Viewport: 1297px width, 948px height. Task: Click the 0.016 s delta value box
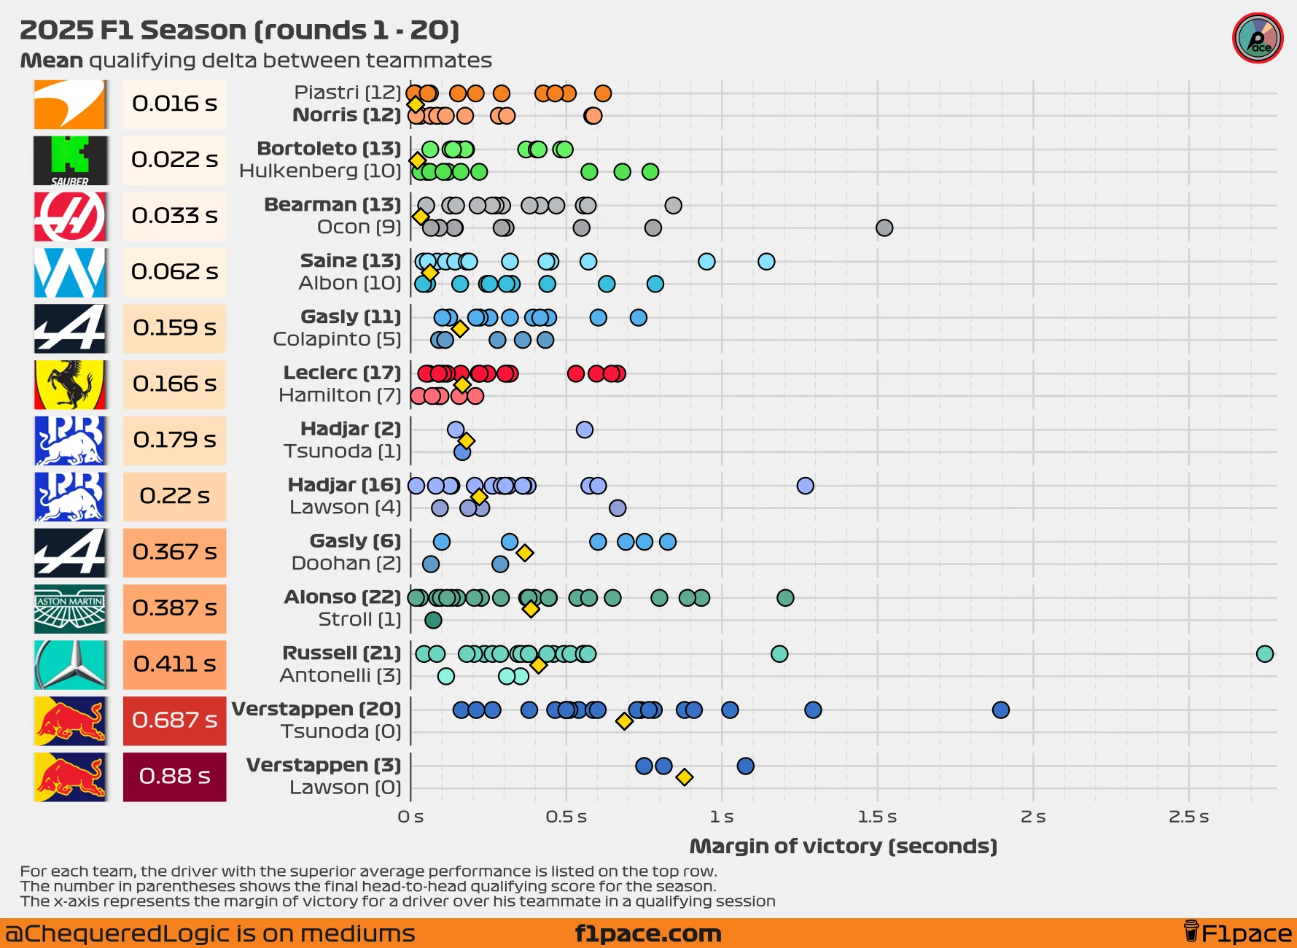point(174,104)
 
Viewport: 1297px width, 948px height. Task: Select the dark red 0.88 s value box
point(174,777)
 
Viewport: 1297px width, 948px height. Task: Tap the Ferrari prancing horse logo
point(70,384)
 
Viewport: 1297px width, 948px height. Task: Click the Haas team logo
point(70,217)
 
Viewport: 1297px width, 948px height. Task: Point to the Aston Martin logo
point(70,608)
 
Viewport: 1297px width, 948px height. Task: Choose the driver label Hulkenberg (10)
point(320,171)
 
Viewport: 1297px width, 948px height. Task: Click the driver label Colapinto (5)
point(337,340)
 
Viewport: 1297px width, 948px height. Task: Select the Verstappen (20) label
point(316,710)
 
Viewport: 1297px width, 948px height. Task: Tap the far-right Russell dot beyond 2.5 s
point(1265,654)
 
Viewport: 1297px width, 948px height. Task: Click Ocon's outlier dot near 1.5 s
point(884,228)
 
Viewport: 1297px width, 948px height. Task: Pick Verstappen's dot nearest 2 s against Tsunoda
point(1001,710)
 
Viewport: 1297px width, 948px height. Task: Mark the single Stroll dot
point(433,621)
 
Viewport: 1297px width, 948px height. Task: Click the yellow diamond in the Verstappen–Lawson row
point(684,777)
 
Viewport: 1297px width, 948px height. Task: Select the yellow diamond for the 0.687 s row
point(624,721)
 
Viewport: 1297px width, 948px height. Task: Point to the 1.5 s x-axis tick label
point(877,817)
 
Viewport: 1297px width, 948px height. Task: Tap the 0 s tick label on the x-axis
point(410,817)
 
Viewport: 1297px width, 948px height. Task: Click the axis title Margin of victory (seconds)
point(843,847)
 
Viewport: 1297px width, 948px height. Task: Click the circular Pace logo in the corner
point(1258,39)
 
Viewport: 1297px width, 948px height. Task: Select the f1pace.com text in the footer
point(648,934)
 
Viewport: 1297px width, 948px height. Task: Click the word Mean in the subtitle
point(52,61)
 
